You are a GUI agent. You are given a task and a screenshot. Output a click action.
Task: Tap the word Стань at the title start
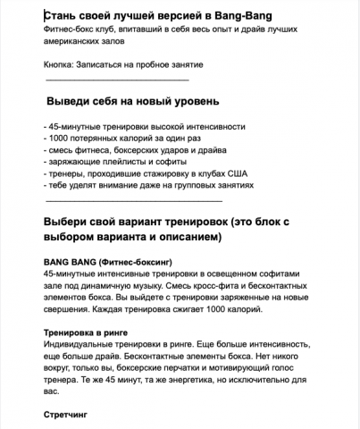(x=59, y=17)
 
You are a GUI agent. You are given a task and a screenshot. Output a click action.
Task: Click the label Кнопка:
(x=61, y=66)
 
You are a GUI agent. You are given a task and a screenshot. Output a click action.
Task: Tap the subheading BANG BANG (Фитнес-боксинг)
(x=107, y=262)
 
